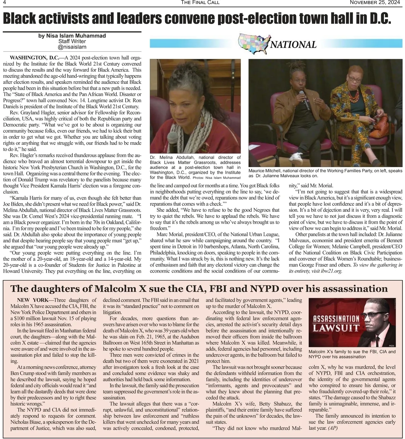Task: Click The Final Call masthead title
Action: coord(200,3)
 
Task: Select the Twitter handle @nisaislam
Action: coord(72,47)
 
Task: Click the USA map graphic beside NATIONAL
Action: coord(253,43)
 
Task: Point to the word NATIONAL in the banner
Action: coord(293,44)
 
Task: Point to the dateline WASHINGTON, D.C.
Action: coord(34,57)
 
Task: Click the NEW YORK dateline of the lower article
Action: coord(32,300)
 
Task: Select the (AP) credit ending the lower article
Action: coord(332,428)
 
